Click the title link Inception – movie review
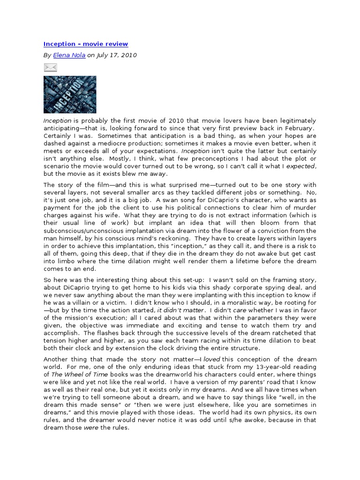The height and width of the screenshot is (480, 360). click(86, 44)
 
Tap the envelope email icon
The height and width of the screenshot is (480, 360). click(50, 68)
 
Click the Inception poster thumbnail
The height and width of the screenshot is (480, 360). click(70, 95)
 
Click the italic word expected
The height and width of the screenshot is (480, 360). click(300, 166)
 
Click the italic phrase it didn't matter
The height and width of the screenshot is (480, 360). click(180, 310)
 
